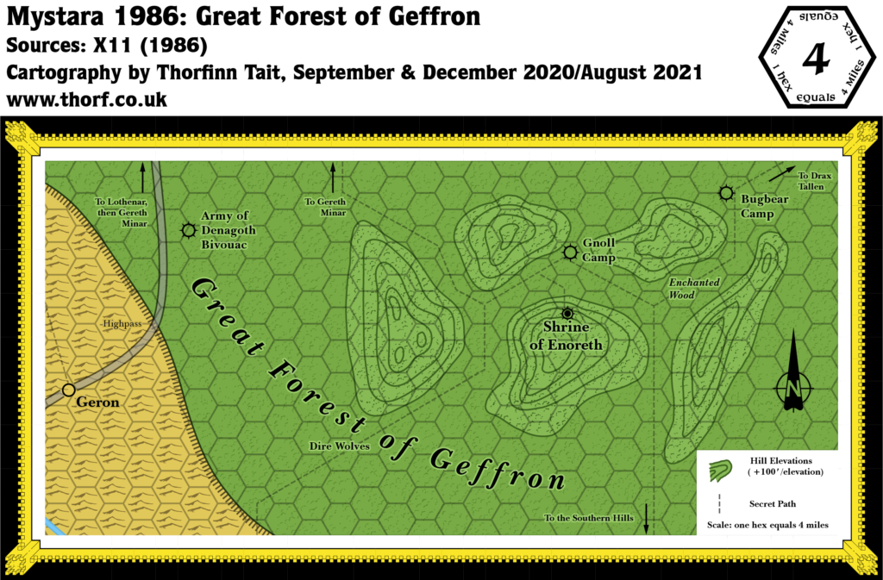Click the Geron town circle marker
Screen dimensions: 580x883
68,390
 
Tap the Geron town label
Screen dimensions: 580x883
97,402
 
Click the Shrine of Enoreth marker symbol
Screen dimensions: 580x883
567,313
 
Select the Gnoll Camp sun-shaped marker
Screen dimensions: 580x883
569,252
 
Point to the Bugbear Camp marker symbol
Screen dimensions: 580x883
726,193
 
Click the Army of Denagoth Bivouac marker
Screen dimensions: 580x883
188,230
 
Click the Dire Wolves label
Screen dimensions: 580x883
340,446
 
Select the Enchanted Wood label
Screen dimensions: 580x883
694,289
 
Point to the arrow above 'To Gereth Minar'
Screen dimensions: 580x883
332,178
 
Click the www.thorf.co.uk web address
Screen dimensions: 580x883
86,100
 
